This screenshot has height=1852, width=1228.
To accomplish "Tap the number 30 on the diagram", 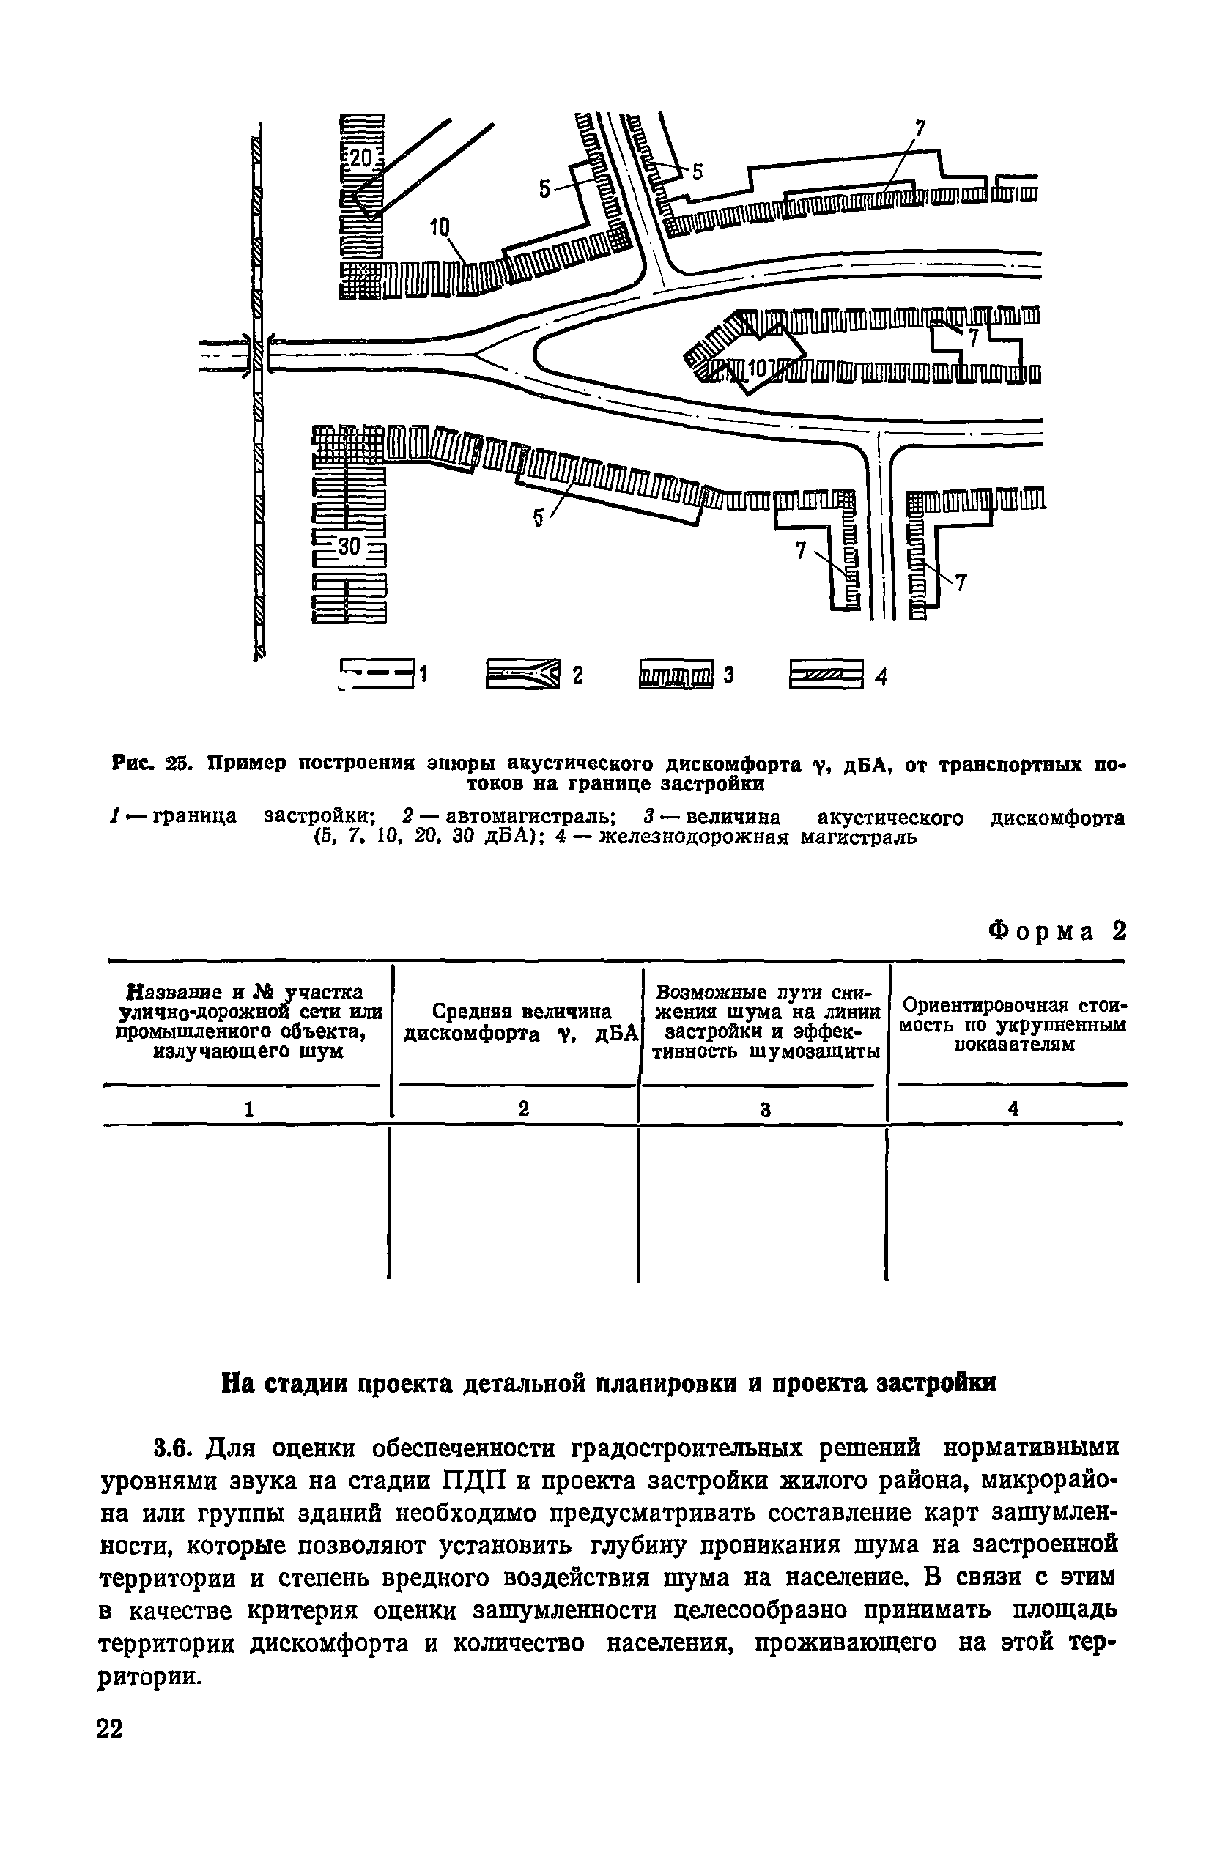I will (349, 547).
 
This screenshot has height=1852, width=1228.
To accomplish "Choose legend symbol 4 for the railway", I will (826, 674).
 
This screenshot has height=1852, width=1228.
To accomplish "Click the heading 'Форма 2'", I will (1057, 931).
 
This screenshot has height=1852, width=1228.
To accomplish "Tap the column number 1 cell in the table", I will (248, 1109).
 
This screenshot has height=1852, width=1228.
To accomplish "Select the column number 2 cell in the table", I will (523, 1109).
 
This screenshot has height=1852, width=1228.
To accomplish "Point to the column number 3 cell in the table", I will (765, 1109).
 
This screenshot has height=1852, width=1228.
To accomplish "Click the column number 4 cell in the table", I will (1013, 1109).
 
